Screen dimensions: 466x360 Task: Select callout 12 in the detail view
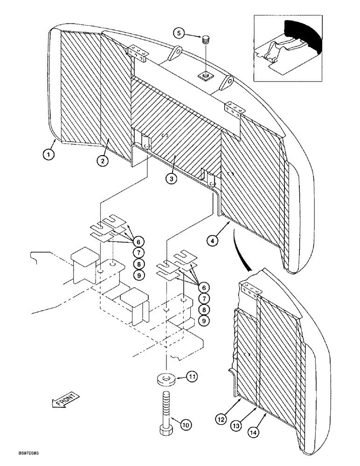[222, 420]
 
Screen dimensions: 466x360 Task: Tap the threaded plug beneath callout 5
[205, 41]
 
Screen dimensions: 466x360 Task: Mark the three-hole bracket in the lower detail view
[252, 289]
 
